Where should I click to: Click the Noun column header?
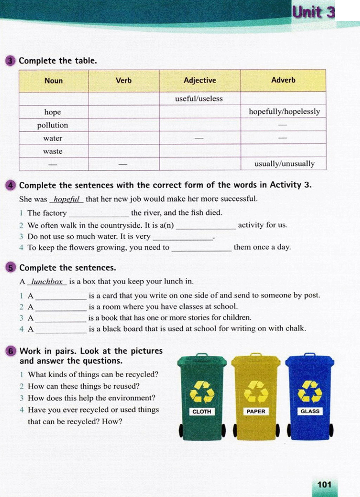[x=53, y=81]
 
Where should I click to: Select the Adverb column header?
[x=283, y=80]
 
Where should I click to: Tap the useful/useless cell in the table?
[x=199, y=99]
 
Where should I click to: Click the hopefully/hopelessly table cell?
[x=284, y=112]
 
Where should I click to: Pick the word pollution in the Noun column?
[x=53, y=125]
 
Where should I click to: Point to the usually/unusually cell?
[x=284, y=164]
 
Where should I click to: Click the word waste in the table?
[x=53, y=151]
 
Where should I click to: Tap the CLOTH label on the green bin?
[x=202, y=412]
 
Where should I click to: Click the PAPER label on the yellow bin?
[x=256, y=411]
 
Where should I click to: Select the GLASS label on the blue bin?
[x=310, y=411]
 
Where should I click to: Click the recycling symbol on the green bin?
[x=202, y=392]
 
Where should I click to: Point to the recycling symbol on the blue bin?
[x=310, y=391]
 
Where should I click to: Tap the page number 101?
[x=324, y=485]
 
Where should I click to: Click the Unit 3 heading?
[x=313, y=12]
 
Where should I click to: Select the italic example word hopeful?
[x=66, y=200]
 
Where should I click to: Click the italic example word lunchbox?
[x=47, y=282]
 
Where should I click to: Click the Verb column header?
[x=123, y=80]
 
